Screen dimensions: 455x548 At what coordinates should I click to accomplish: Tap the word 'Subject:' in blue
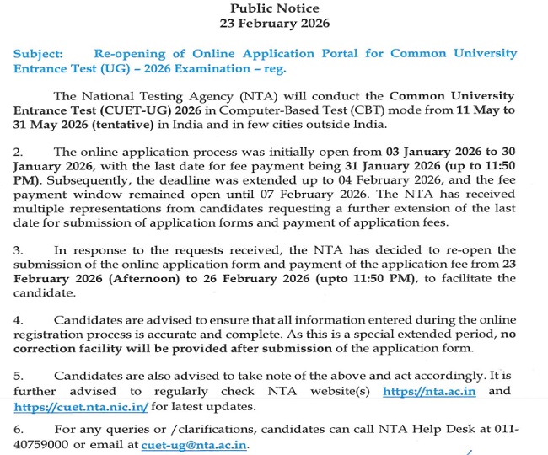38,53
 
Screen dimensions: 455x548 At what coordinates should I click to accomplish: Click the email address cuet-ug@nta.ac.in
195,445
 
